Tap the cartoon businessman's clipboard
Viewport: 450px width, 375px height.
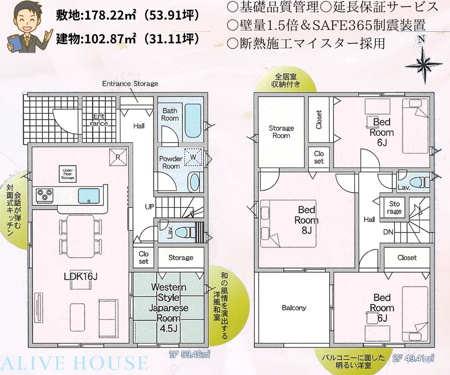(x=15, y=43)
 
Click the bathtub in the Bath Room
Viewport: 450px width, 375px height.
(x=193, y=120)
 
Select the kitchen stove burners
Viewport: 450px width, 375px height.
(x=45, y=195)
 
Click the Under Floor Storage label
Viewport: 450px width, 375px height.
(x=68, y=174)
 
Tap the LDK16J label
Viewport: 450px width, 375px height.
(x=81, y=276)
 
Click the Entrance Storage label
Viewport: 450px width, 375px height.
(x=130, y=83)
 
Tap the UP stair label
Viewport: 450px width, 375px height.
(x=150, y=207)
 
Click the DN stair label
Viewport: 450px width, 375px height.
(x=388, y=232)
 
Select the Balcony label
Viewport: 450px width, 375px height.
(x=294, y=308)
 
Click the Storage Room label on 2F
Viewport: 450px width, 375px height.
(x=281, y=132)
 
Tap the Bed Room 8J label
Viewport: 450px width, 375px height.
(x=307, y=220)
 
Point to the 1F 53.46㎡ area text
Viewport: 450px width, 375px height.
(x=190, y=355)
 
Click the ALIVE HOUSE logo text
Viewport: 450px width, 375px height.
(x=74, y=363)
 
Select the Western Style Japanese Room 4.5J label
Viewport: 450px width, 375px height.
(x=169, y=307)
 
